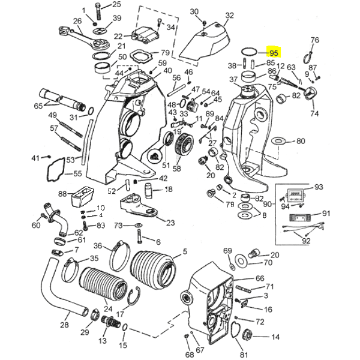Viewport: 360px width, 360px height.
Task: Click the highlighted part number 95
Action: pos(274,53)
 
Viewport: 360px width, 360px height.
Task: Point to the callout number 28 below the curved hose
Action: pos(64,325)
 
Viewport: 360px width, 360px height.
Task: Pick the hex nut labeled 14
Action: pos(248,336)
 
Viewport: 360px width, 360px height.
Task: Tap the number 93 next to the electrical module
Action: pos(318,187)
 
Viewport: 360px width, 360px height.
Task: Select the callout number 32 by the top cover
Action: pos(230,15)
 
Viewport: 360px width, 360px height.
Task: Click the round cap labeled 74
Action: pos(311,94)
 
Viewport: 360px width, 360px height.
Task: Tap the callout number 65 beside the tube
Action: pos(38,106)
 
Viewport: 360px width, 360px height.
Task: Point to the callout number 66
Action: pos(260,278)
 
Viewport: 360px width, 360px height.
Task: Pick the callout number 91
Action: pos(326,213)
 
